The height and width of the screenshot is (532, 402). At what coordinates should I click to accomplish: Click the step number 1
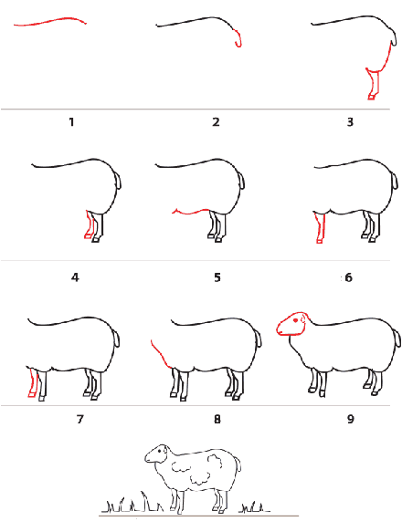pyautogui.click(x=71, y=121)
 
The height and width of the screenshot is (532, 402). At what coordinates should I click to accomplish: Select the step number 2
pyautogui.click(x=217, y=121)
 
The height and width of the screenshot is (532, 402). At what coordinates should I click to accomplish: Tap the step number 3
pyautogui.click(x=350, y=121)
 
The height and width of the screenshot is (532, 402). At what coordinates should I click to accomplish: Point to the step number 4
pyautogui.click(x=75, y=277)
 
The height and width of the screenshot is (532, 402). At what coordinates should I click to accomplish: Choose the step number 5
pyautogui.click(x=217, y=277)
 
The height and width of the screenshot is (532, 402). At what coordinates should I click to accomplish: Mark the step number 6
pyautogui.click(x=349, y=277)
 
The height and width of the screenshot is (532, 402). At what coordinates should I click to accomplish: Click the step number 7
pyautogui.click(x=79, y=420)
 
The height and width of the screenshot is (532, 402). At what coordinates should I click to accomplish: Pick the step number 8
pyautogui.click(x=217, y=420)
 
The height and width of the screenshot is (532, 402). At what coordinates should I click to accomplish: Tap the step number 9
pyautogui.click(x=351, y=420)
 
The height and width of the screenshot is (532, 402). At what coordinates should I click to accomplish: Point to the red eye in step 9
pyautogui.click(x=296, y=320)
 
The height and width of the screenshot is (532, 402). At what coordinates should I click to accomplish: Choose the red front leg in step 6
pyautogui.click(x=320, y=227)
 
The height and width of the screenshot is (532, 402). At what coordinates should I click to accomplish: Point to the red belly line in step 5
pyautogui.click(x=190, y=213)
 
